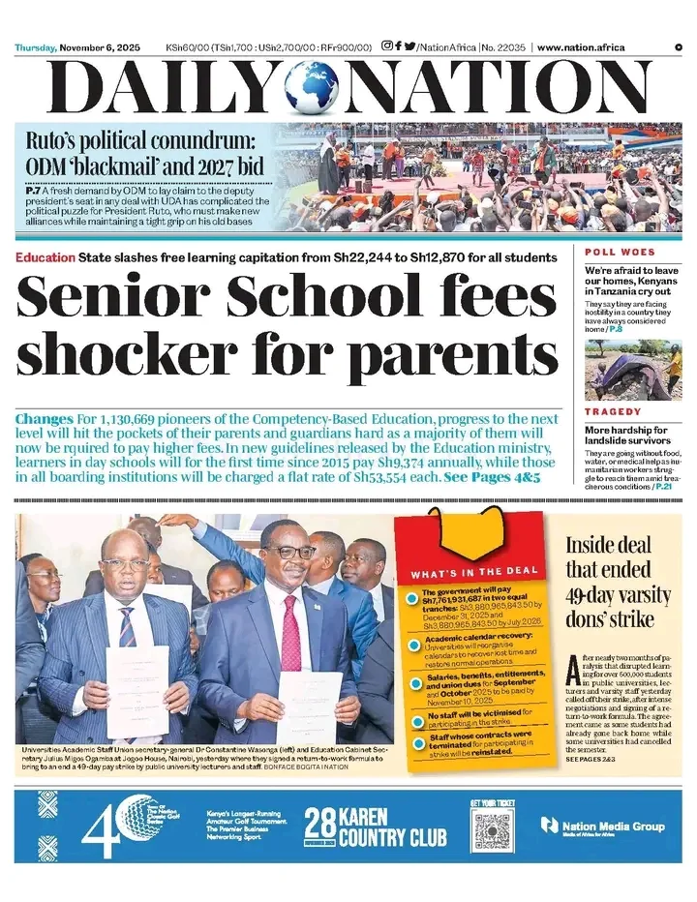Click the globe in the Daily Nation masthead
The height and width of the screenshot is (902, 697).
313,88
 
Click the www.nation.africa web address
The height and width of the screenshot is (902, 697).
581,47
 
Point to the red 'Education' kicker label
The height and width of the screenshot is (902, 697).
45,257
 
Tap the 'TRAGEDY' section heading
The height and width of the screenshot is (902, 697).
614,412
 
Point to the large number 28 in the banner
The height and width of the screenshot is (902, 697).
320,824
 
